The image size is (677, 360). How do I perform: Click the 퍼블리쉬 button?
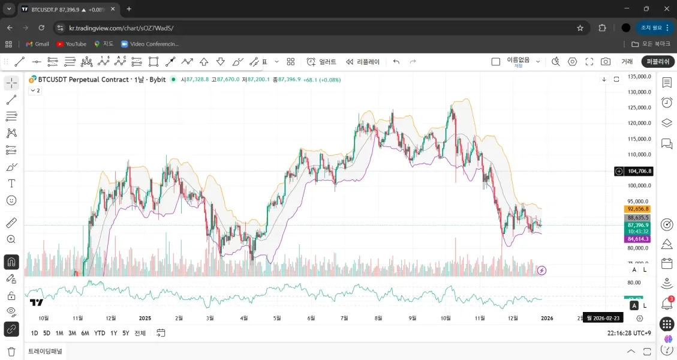point(658,62)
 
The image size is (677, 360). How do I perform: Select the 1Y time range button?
point(113,333)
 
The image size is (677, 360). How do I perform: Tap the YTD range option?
point(100,333)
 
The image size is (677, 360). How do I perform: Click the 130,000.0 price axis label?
point(639,92)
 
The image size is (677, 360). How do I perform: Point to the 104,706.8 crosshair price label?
point(639,171)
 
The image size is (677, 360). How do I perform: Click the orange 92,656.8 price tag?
point(638,209)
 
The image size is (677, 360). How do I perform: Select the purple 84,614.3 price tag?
point(638,239)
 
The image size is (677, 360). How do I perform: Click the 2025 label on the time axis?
point(145,318)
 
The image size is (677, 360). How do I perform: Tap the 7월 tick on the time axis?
point(344,318)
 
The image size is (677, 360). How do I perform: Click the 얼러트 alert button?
point(321,62)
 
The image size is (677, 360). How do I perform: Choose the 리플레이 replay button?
point(363,62)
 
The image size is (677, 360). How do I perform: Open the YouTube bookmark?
point(71,44)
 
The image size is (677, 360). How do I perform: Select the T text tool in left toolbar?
point(11,183)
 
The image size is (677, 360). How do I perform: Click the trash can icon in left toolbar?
point(11,352)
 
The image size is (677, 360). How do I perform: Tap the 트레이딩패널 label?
point(45,351)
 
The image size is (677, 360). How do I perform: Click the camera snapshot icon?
point(606,62)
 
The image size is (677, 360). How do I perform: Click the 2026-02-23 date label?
point(603,318)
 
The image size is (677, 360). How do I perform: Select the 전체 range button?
point(140,333)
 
